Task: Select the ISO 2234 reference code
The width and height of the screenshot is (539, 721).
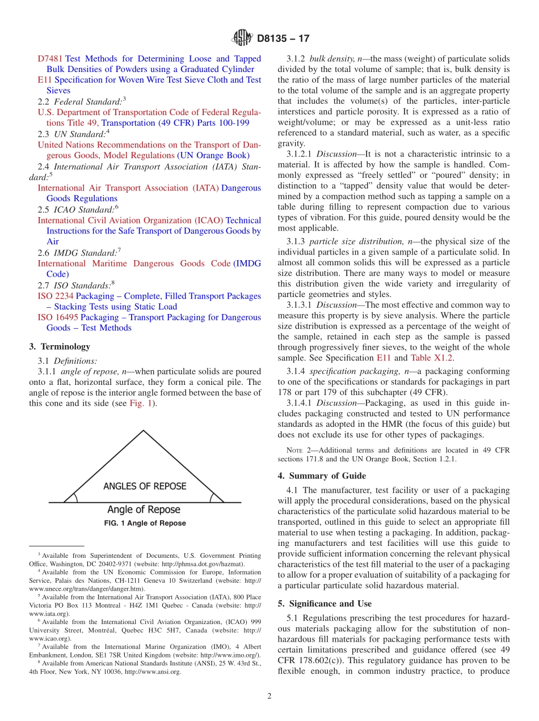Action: point(56,296)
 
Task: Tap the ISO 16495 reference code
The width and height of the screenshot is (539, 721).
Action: point(58,317)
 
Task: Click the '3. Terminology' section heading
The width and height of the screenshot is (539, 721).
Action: point(60,346)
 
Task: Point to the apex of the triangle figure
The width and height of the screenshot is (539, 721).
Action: point(144,431)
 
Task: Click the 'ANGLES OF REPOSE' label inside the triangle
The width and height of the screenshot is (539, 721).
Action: point(145,486)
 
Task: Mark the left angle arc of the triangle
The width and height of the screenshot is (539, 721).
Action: point(74,497)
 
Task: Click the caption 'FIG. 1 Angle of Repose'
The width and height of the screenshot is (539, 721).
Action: point(145,523)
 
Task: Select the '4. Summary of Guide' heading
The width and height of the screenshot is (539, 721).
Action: point(322,476)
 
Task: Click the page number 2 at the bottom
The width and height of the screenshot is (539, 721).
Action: point(269,697)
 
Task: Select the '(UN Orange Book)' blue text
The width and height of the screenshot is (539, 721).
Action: point(213,155)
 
